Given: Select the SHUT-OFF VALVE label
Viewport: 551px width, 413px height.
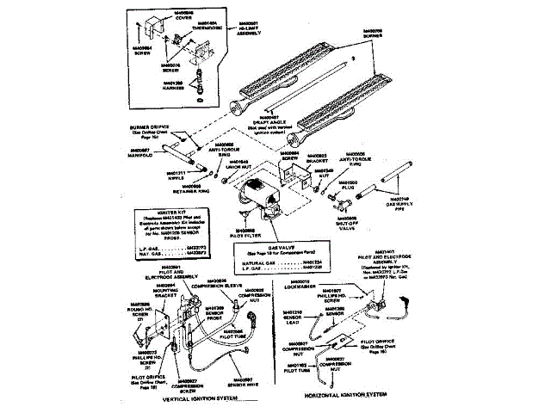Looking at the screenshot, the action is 347,226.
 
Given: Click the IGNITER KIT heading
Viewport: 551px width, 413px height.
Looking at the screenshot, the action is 159,212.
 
